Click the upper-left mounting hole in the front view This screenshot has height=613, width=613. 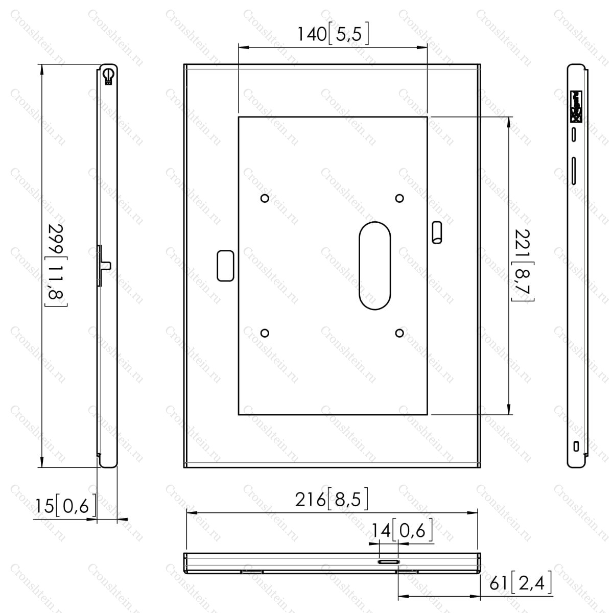(x=265, y=199)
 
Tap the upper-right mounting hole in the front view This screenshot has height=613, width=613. (x=399, y=199)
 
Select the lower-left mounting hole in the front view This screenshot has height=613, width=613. (x=265, y=333)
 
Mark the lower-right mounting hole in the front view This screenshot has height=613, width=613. (x=399, y=333)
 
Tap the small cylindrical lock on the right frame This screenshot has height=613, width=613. (x=437, y=232)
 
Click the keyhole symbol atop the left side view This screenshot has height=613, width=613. (x=108, y=76)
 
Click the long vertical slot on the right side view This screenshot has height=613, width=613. (x=574, y=171)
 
